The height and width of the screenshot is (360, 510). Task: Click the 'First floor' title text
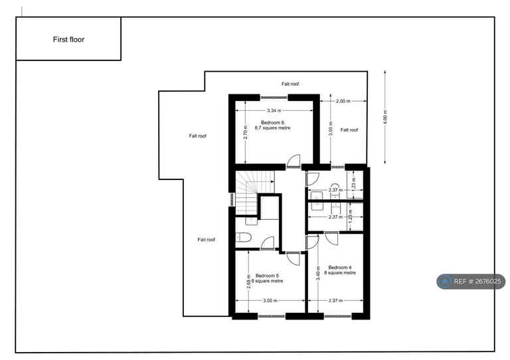(x=68, y=39)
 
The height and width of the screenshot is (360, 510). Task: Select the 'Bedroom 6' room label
(x=272, y=122)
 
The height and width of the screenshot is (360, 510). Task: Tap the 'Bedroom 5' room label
(x=268, y=275)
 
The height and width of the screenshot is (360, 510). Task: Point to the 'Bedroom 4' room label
(x=340, y=267)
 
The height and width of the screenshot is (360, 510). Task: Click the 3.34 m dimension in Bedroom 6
(x=274, y=110)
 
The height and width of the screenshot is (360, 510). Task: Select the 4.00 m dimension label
(x=384, y=117)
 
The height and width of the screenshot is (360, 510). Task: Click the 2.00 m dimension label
(x=342, y=101)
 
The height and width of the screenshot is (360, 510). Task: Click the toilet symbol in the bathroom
(x=243, y=237)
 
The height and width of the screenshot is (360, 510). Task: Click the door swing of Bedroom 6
(x=293, y=161)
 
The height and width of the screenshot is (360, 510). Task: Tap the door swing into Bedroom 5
(x=292, y=258)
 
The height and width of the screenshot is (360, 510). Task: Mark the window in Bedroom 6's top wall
(x=274, y=97)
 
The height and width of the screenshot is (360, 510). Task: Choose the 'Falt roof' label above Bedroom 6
(x=290, y=84)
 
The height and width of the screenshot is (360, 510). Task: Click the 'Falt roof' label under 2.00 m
(x=349, y=130)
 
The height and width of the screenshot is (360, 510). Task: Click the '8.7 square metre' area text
(x=272, y=128)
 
